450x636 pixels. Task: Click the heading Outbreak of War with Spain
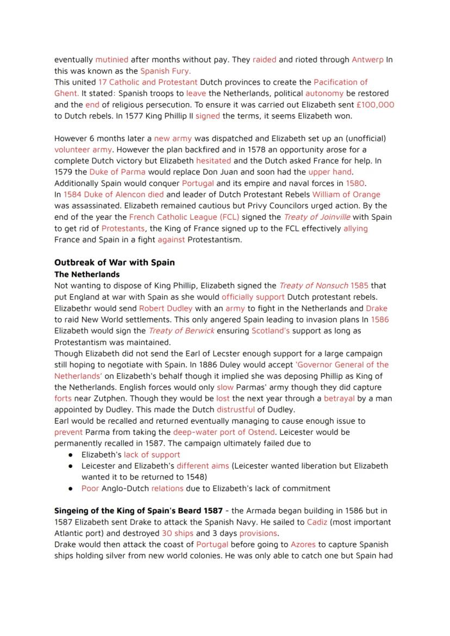(114, 262)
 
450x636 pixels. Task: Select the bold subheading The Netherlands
(87, 274)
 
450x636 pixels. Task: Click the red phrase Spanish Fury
(165, 71)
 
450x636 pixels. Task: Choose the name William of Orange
(346, 194)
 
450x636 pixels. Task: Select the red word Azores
(303, 545)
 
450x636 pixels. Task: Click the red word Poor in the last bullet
(90, 488)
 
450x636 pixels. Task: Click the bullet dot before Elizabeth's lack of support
(71, 455)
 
